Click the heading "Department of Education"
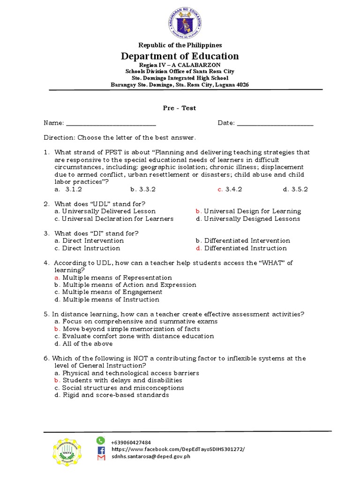click(180, 56)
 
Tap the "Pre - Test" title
click(180, 108)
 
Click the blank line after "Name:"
click(111, 124)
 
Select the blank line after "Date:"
click(275, 124)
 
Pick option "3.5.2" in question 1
click(295, 189)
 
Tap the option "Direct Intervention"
click(89, 241)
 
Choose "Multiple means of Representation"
click(113, 278)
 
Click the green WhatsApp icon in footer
click(100, 440)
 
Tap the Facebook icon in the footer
click(101, 450)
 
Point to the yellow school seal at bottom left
click(69, 456)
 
